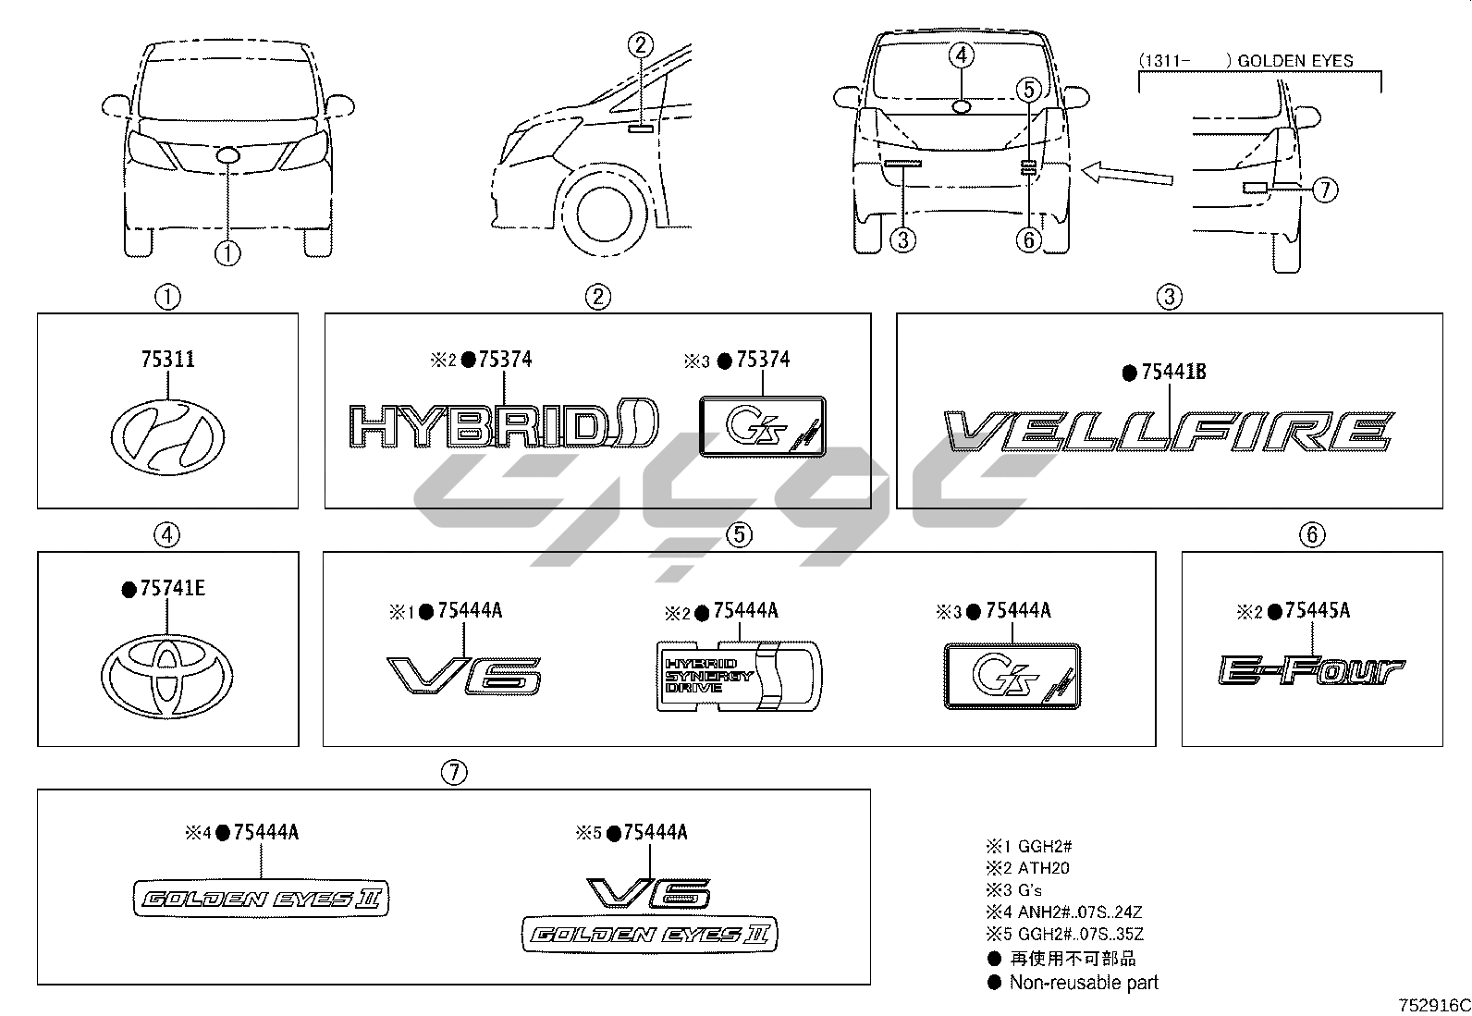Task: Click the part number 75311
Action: (167, 360)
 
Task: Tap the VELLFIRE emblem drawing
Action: (1169, 433)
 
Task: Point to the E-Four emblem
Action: (1311, 672)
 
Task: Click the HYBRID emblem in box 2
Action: (504, 426)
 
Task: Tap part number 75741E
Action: (172, 588)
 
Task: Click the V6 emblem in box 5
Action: (464, 675)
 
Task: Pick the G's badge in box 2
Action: (762, 426)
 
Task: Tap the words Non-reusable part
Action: (1083, 983)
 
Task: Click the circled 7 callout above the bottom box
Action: (453, 773)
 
